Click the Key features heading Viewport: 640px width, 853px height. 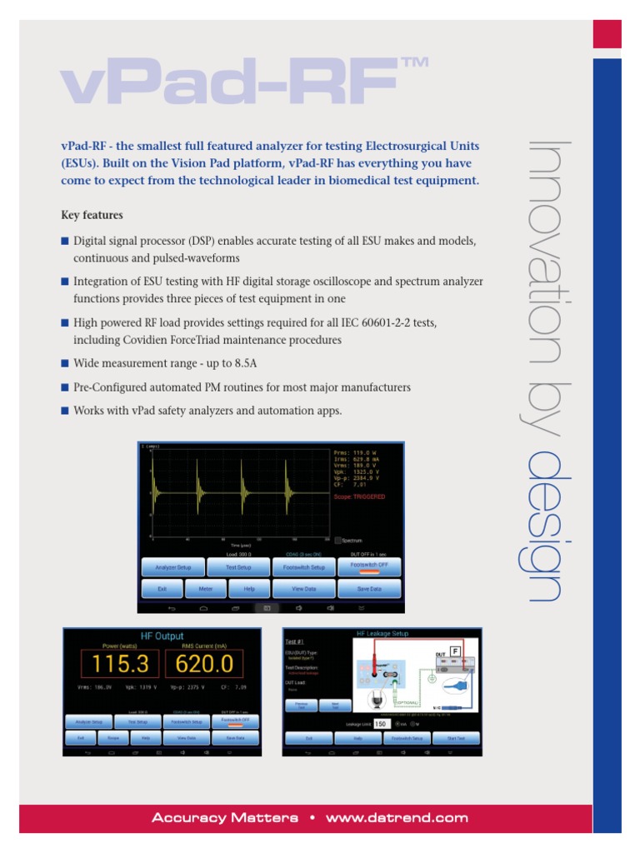pyautogui.click(x=92, y=215)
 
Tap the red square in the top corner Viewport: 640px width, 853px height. pyautogui.click(x=607, y=34)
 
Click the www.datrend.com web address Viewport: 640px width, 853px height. pyautogui.click(x=397, y=818)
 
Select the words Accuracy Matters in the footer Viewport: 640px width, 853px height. pyautogui.click(x=224, y=818)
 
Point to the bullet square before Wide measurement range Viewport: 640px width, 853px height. pyautogui.click(x=65, y=362)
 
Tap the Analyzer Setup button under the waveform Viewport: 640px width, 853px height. pyautogui.click(x=172, y=567)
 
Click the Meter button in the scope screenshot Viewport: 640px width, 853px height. pyautogui.click(x=204, y=588)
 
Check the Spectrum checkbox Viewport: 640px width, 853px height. pyautogui.click(x=337, y=541)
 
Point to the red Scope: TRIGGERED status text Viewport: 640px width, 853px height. pyautogui.click(x=359, y=496)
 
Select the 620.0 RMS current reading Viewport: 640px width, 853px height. pyautogui.click(x=204, y=664)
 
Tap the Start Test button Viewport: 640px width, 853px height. pyautogui.click(x=456, y=738)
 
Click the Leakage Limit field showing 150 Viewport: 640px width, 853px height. pyautogui.click(x=381, y=724)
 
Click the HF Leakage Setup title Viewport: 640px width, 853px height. pyautogui.click(x=384, y=634)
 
